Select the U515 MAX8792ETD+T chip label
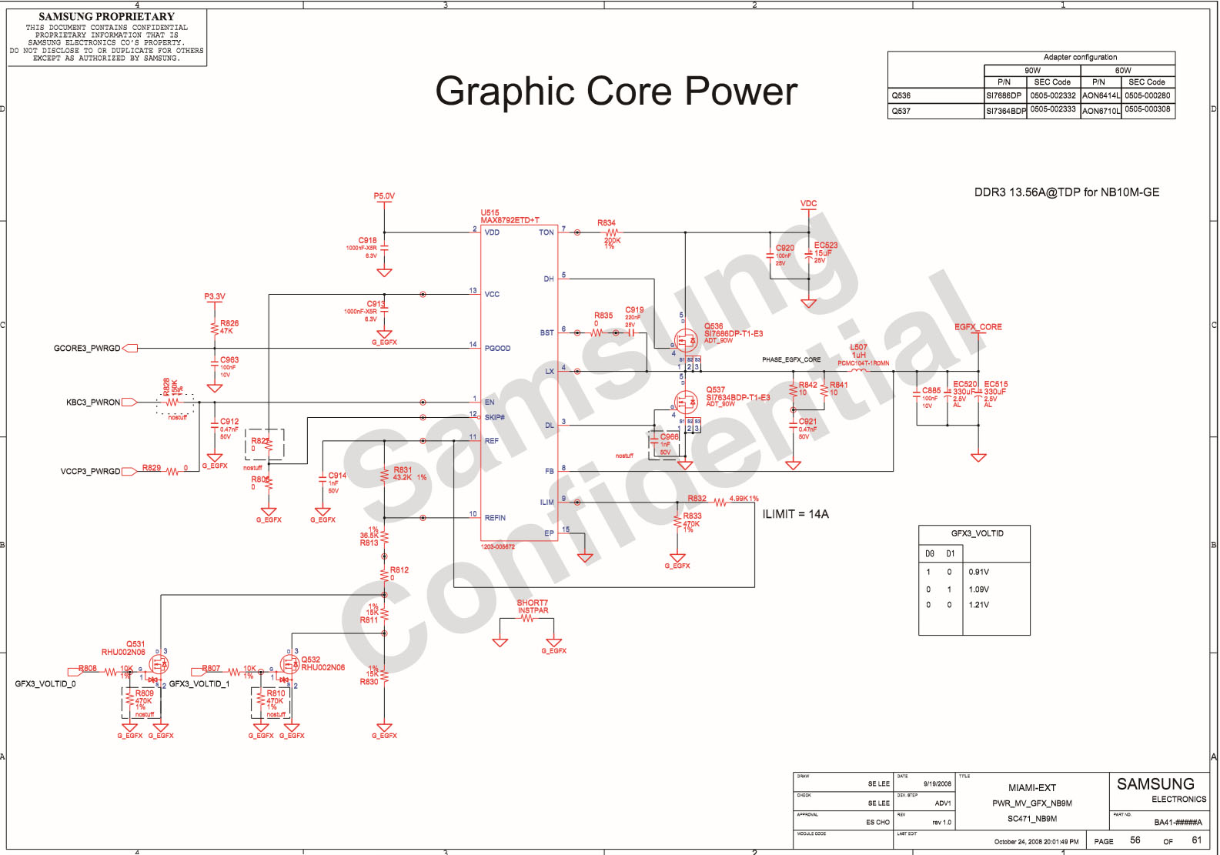pyautogui.click(x=510, y=216)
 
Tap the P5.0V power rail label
pyautogui.click(x=384, y=196)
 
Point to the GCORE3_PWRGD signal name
pyautogui.click(x=87, y=349)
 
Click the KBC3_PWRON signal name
pyautogui.click(x=93, y=402)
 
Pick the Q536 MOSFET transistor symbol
pyautogui.click(x=685, y=339)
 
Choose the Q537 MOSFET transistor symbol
pyautogui.click(x=685, y=402)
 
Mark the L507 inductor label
pyautogui.click(x=858, y=347)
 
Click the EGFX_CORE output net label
pyautogui.click(x=978, y=327)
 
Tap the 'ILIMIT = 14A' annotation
pyautogui.click(x=795, y=514)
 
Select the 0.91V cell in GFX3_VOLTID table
pyautogui.click(x=978, y=572)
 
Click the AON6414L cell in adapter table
pyautogui.click(x=1101, y=96)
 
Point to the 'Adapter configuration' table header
pyautogui.click(x=1080, y=58)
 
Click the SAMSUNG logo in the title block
pyautogui.click(x=1155, y=784)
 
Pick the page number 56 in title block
pyautogui.click(x=1135, y=840)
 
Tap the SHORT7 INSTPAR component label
pyautogui.click(x=533, y=606)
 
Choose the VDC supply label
pyautogui.click(x=808, y=204)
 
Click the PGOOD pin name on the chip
pyautogui.click(x=497, y=349)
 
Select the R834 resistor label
pyautogui.click(x=607, y=223)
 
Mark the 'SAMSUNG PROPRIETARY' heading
pyautogui.click(x=106, y=17)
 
